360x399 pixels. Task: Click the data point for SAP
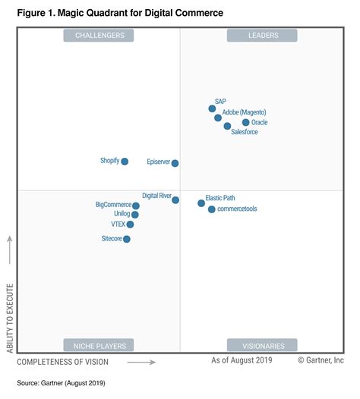[x=213, y=108]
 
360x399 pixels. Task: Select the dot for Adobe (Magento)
[x=218, y=118]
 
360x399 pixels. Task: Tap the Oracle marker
[x=245, y=122]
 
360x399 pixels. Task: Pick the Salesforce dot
[x=227, y=126]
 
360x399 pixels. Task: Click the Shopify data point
[x=125, y=161]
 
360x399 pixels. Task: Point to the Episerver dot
[x=175, y=163]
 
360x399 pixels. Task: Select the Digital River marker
[x=175, y=200]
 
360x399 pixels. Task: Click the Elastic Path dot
[x=201, y=203]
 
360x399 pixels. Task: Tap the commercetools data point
[x=212, y=209]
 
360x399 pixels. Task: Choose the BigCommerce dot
[x=136, y=206]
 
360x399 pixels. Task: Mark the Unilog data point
[x=135, y=215]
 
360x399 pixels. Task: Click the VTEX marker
[x=131, y=225]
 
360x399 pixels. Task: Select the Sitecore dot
[x=127, y=239]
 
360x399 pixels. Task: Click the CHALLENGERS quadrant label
[x=99, y=35]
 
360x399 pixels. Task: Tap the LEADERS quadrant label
[x=263, y=35]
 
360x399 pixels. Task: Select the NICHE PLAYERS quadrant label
[x=99, y=345]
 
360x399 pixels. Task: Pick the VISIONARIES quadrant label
[x=263, y=345]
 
